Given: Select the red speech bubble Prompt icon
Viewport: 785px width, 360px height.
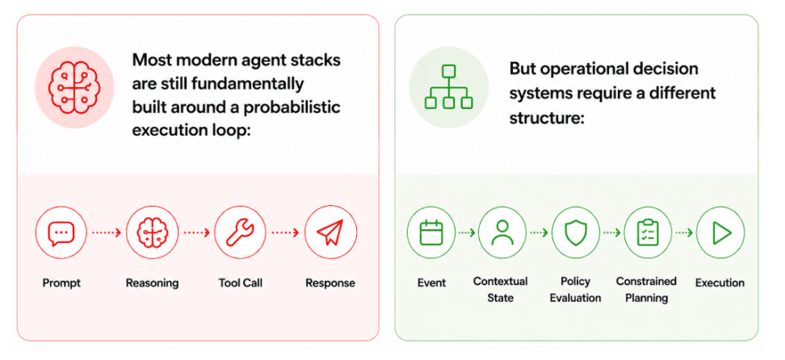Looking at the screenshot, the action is [61, 232].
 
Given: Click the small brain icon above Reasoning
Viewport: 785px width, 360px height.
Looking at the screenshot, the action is [152, 232].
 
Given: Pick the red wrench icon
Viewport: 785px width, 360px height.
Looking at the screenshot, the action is [241, 232].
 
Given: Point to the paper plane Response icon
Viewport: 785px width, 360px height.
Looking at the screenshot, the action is [330, 232].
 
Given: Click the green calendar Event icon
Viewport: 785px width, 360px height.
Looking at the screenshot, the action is [431, 232].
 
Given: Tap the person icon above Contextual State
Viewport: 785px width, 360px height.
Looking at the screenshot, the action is [502, 232].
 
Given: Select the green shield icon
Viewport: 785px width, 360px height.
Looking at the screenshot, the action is [576, 232].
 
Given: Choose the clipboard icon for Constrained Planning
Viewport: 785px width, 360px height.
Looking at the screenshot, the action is [648, 232].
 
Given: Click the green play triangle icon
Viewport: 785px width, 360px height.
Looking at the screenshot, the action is [721, 232].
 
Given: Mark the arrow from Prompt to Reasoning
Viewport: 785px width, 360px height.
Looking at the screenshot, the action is [106, 232].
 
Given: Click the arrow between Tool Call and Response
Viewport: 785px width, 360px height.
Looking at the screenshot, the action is [285, 232].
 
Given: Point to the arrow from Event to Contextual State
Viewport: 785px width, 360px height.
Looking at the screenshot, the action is [467, 232].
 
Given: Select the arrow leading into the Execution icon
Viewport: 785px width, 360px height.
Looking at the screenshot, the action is [684, 232].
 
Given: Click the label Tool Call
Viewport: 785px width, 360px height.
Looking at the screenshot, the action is [241, 283].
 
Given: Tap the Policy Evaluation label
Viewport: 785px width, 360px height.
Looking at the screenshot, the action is [576, 290].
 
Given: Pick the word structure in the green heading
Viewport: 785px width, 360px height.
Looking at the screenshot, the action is [544, 118].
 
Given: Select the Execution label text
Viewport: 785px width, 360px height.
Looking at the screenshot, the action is [720, 283].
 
